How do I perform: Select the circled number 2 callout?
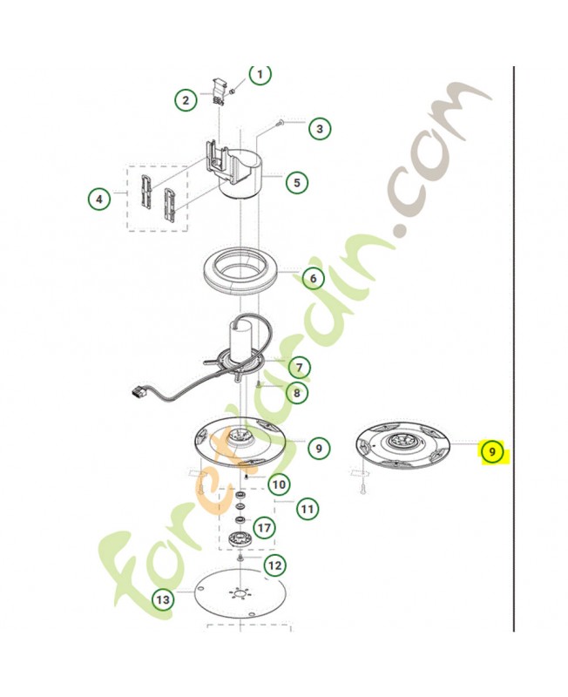coord(186,100)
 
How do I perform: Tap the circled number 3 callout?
coord(320,129)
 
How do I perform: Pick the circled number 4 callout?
coord(99,199)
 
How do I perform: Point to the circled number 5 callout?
coord(296,182)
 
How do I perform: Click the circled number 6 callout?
coord(314,278)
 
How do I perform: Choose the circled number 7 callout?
coord(299,368)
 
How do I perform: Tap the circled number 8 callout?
coord(296,393)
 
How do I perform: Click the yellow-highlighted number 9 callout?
coord(492,452)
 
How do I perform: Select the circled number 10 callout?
coord(279,484)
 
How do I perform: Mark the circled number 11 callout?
coord(308,509)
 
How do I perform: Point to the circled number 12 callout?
coord(275,565)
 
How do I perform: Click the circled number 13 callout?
coord(163,599)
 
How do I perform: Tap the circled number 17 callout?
coord(264,528)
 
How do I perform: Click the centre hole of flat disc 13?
coord(240,594)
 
